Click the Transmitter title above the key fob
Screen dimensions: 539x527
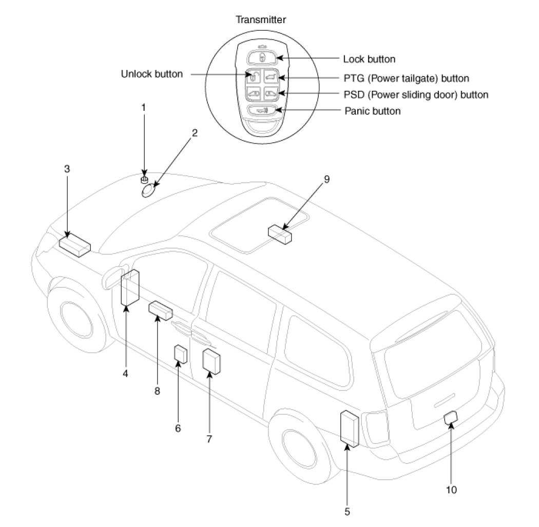pyautogui.click(x=261, y=20)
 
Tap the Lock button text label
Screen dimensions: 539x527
pyautogui.click(x=369, y=59)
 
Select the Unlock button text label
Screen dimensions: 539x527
pyautogui.click(x=151, y=74)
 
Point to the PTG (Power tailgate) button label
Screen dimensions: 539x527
pyautogui.click(x=407, y=79)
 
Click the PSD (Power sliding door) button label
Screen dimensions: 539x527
pyautogui.click(x=416, y=94)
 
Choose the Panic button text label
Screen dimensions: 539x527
pyautogui.click(x=373, y=111)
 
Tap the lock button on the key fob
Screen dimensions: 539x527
pyautogui.click(x=262, y=57)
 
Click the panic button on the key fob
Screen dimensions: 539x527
pyautogui.click(x=262, y=110)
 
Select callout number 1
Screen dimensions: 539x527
pyautogui.click(x=144, y=108)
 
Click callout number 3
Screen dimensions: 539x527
pyautogui.click(x=67, y=169)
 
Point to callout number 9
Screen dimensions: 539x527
pyautogui.click(x=326, y=179)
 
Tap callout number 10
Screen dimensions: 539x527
pyautogui.click(x=451, y=490)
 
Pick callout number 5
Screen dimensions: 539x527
pyautogui.click(x=347, y=512)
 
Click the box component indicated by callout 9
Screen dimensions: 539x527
pyautogui.click(x=280, y=235)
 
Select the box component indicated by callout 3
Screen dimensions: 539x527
pyautogui.click(x=75, y=244)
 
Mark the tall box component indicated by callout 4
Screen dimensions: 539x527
pyautogui.click(x=130, y=287)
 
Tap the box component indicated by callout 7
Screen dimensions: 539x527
pyautogui.click(x=211, y=361)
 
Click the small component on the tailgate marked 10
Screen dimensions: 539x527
pyautogui.click(x=451, y=417)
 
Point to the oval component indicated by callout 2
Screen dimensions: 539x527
pyautogui.click(x=149, y=190)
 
